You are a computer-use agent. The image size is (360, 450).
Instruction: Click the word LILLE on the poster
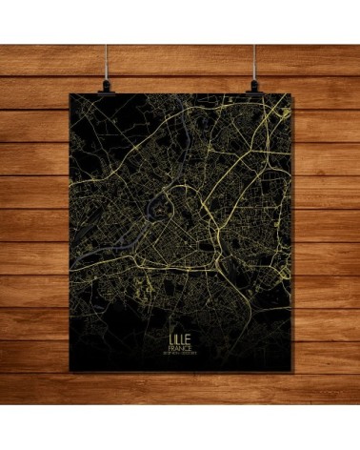179,337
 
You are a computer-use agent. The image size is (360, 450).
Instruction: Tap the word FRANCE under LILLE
179,348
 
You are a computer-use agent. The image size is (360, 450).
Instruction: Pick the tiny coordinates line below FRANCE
179,355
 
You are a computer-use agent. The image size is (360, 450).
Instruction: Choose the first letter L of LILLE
170,337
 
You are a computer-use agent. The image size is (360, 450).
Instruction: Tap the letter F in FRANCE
169,348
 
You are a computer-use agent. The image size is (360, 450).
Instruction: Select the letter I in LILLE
174,337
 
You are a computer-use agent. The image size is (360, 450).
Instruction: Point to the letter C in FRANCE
186,348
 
